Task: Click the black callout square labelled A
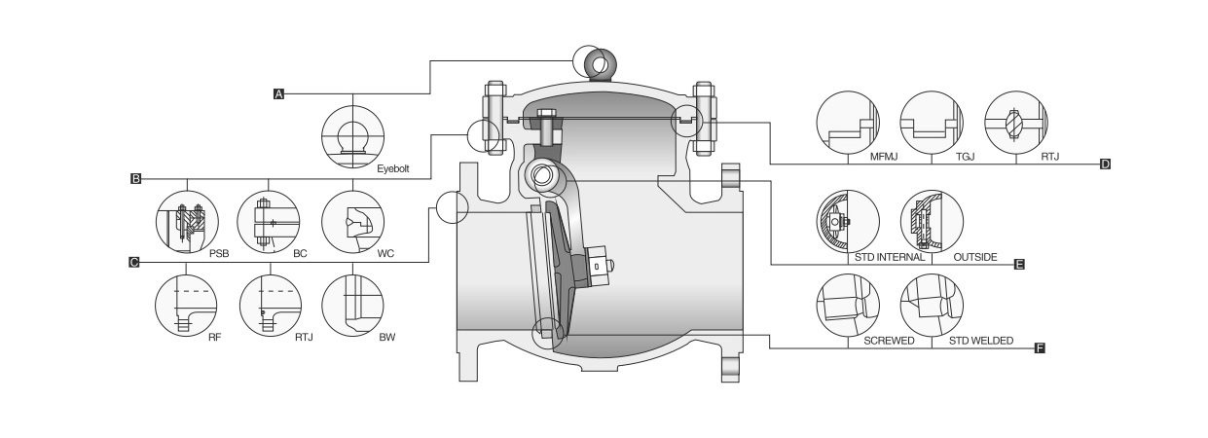tap(278, 94)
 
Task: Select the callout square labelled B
tap(135, 179)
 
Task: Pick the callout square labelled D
tap(1105, 164)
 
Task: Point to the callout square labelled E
tap(1019, 264)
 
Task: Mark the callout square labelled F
tap(1039, 347)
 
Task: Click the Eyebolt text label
tap(393, 168)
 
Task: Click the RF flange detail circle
tap(186, 305)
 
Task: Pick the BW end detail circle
tap(351, 305)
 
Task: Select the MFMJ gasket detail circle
tap(847, 124)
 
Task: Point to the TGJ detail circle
tap(931, 124)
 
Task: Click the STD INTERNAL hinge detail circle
tap(847, 221)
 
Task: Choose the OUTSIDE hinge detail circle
tap(931, 221)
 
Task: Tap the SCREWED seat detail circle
tap(847, 305)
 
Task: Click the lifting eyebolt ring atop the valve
tap(597, 64)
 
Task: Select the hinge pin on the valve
tap(540, 176)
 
